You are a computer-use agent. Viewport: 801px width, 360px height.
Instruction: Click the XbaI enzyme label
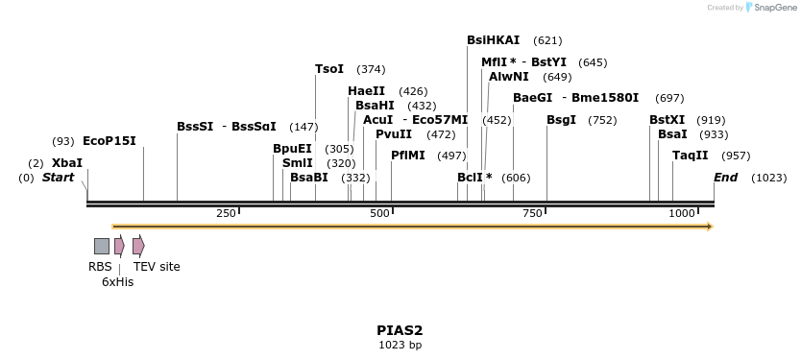67,163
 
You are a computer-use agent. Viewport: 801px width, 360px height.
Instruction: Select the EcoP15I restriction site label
109,141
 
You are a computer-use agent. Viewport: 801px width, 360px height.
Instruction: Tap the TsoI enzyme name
329,69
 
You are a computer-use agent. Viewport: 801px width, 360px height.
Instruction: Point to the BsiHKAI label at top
493,40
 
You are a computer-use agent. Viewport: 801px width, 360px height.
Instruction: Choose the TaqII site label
691,156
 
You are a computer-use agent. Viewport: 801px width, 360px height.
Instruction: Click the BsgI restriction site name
561,120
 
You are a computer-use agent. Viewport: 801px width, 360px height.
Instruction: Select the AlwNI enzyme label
509,77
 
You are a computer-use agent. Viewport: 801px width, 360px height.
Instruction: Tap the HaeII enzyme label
366,91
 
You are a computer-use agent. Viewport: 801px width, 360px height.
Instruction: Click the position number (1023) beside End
769,178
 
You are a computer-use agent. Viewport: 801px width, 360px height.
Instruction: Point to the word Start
58,178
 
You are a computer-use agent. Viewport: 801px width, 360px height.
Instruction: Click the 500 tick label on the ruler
379,212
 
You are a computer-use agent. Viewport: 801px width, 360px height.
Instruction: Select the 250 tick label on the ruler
227,212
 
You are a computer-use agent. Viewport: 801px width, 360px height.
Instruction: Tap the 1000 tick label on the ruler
681,212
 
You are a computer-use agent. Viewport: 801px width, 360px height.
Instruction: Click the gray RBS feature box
101,246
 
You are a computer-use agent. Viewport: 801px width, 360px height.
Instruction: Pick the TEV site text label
157,267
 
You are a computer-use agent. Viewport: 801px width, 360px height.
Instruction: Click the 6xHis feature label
117,282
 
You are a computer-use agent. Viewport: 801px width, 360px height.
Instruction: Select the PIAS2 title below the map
400,330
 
